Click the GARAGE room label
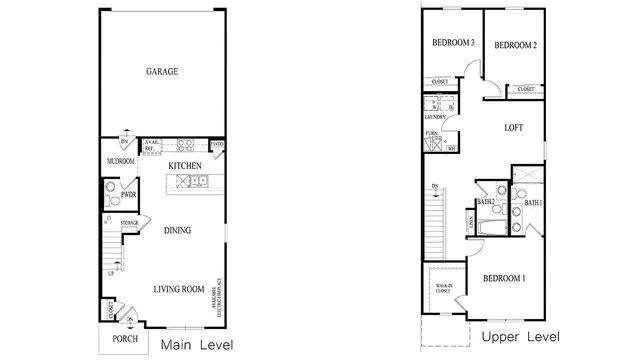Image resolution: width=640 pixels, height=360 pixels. point(162,72)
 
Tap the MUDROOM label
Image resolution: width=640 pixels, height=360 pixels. point(120,161)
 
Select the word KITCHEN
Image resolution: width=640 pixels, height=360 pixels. point(185,165)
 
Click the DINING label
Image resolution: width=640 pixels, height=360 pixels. point(178,230)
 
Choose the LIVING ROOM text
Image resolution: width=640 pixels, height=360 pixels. point(179,290)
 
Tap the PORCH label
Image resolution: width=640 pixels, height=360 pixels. point(125,339)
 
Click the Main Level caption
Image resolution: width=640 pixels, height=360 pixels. point(197,345)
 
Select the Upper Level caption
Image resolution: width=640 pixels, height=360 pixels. point(520,337)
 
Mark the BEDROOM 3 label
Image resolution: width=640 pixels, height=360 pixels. point(452,44)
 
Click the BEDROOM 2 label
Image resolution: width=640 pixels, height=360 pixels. point(515,45)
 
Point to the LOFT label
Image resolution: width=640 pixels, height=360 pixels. point(513,128)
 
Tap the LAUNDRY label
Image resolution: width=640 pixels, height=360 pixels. point(434,117)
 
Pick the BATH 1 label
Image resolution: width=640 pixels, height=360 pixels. point(533,203)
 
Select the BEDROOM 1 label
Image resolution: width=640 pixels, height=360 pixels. point(504,277)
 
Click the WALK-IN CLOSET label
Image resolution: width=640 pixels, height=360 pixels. point(441,289)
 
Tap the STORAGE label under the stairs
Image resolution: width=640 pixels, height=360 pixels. point(128,223)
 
